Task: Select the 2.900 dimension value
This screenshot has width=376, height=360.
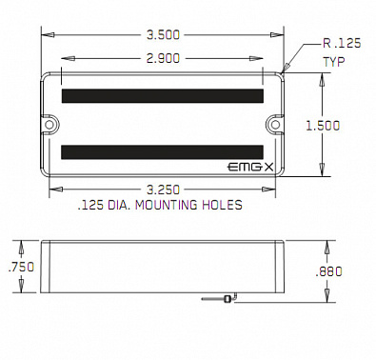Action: tap(164, 59)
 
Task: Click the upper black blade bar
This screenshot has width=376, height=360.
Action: tap(162, 95)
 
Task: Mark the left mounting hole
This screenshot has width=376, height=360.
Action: tap(49, 122)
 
